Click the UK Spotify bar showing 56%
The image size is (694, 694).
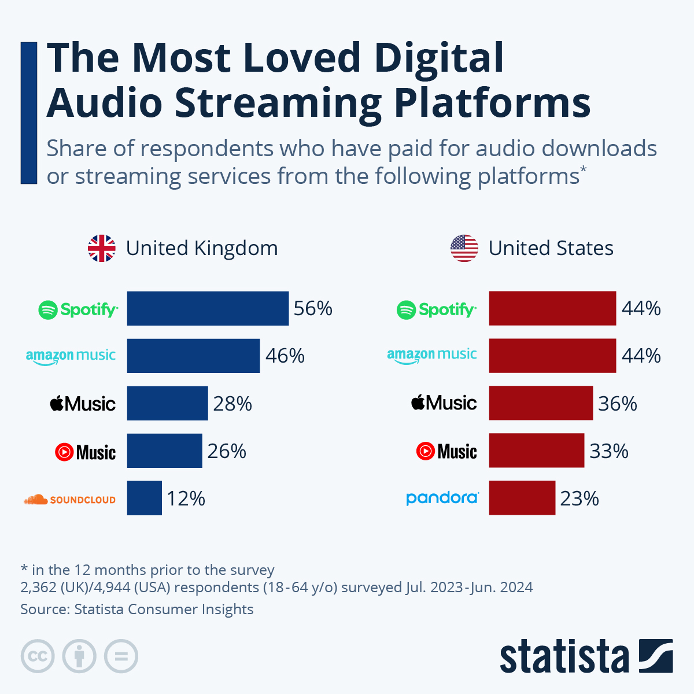click(208, 308)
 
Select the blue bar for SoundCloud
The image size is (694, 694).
click(144, 498)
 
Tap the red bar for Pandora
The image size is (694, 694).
click(522, 498)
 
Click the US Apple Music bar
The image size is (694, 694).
click(541, 403)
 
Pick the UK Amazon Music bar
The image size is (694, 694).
click(193, 356)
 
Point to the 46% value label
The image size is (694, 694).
click(285, 356)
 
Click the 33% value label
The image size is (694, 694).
click(609, 451)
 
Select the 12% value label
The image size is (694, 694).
click(186, 499)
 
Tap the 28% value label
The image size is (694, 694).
click(232, 404)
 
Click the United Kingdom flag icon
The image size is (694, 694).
click(101, 249)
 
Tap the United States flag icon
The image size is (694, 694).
click(464, 249)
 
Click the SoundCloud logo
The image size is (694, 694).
click(69, 500)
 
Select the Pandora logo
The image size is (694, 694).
click(442, 498)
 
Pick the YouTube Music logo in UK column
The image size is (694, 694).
click(85, 452)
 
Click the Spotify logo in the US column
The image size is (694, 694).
click(437, 310)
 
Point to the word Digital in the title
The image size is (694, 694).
click(438, 58)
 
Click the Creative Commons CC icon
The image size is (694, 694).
click(38, 656)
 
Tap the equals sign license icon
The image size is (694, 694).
click(121, 656)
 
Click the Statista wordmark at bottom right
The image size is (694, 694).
click(564, 657)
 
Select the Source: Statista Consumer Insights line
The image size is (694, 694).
click(137, 610)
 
